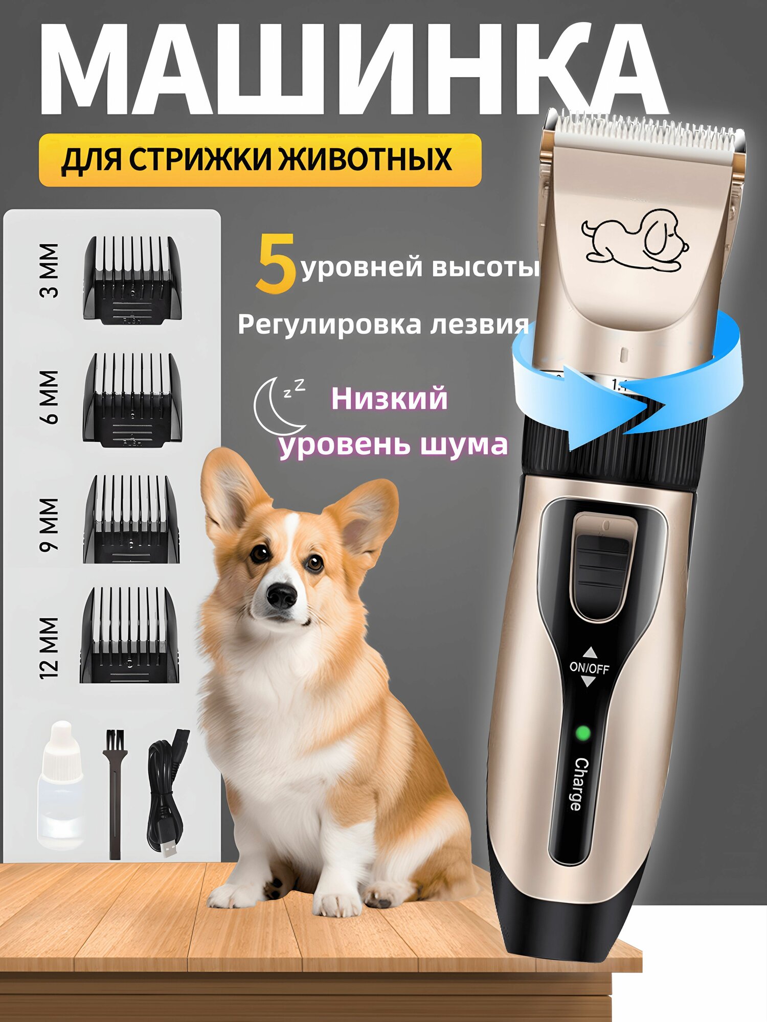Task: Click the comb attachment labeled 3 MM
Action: tap(132, 280)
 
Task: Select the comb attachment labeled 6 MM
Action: tap(132, 400)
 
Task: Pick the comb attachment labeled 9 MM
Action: tap(131, 519)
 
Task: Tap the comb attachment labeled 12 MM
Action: tap(129, 635)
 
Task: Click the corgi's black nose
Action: tap(281, 595)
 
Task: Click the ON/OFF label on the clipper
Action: tap(589, 668)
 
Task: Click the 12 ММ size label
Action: tap(50, 648)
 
